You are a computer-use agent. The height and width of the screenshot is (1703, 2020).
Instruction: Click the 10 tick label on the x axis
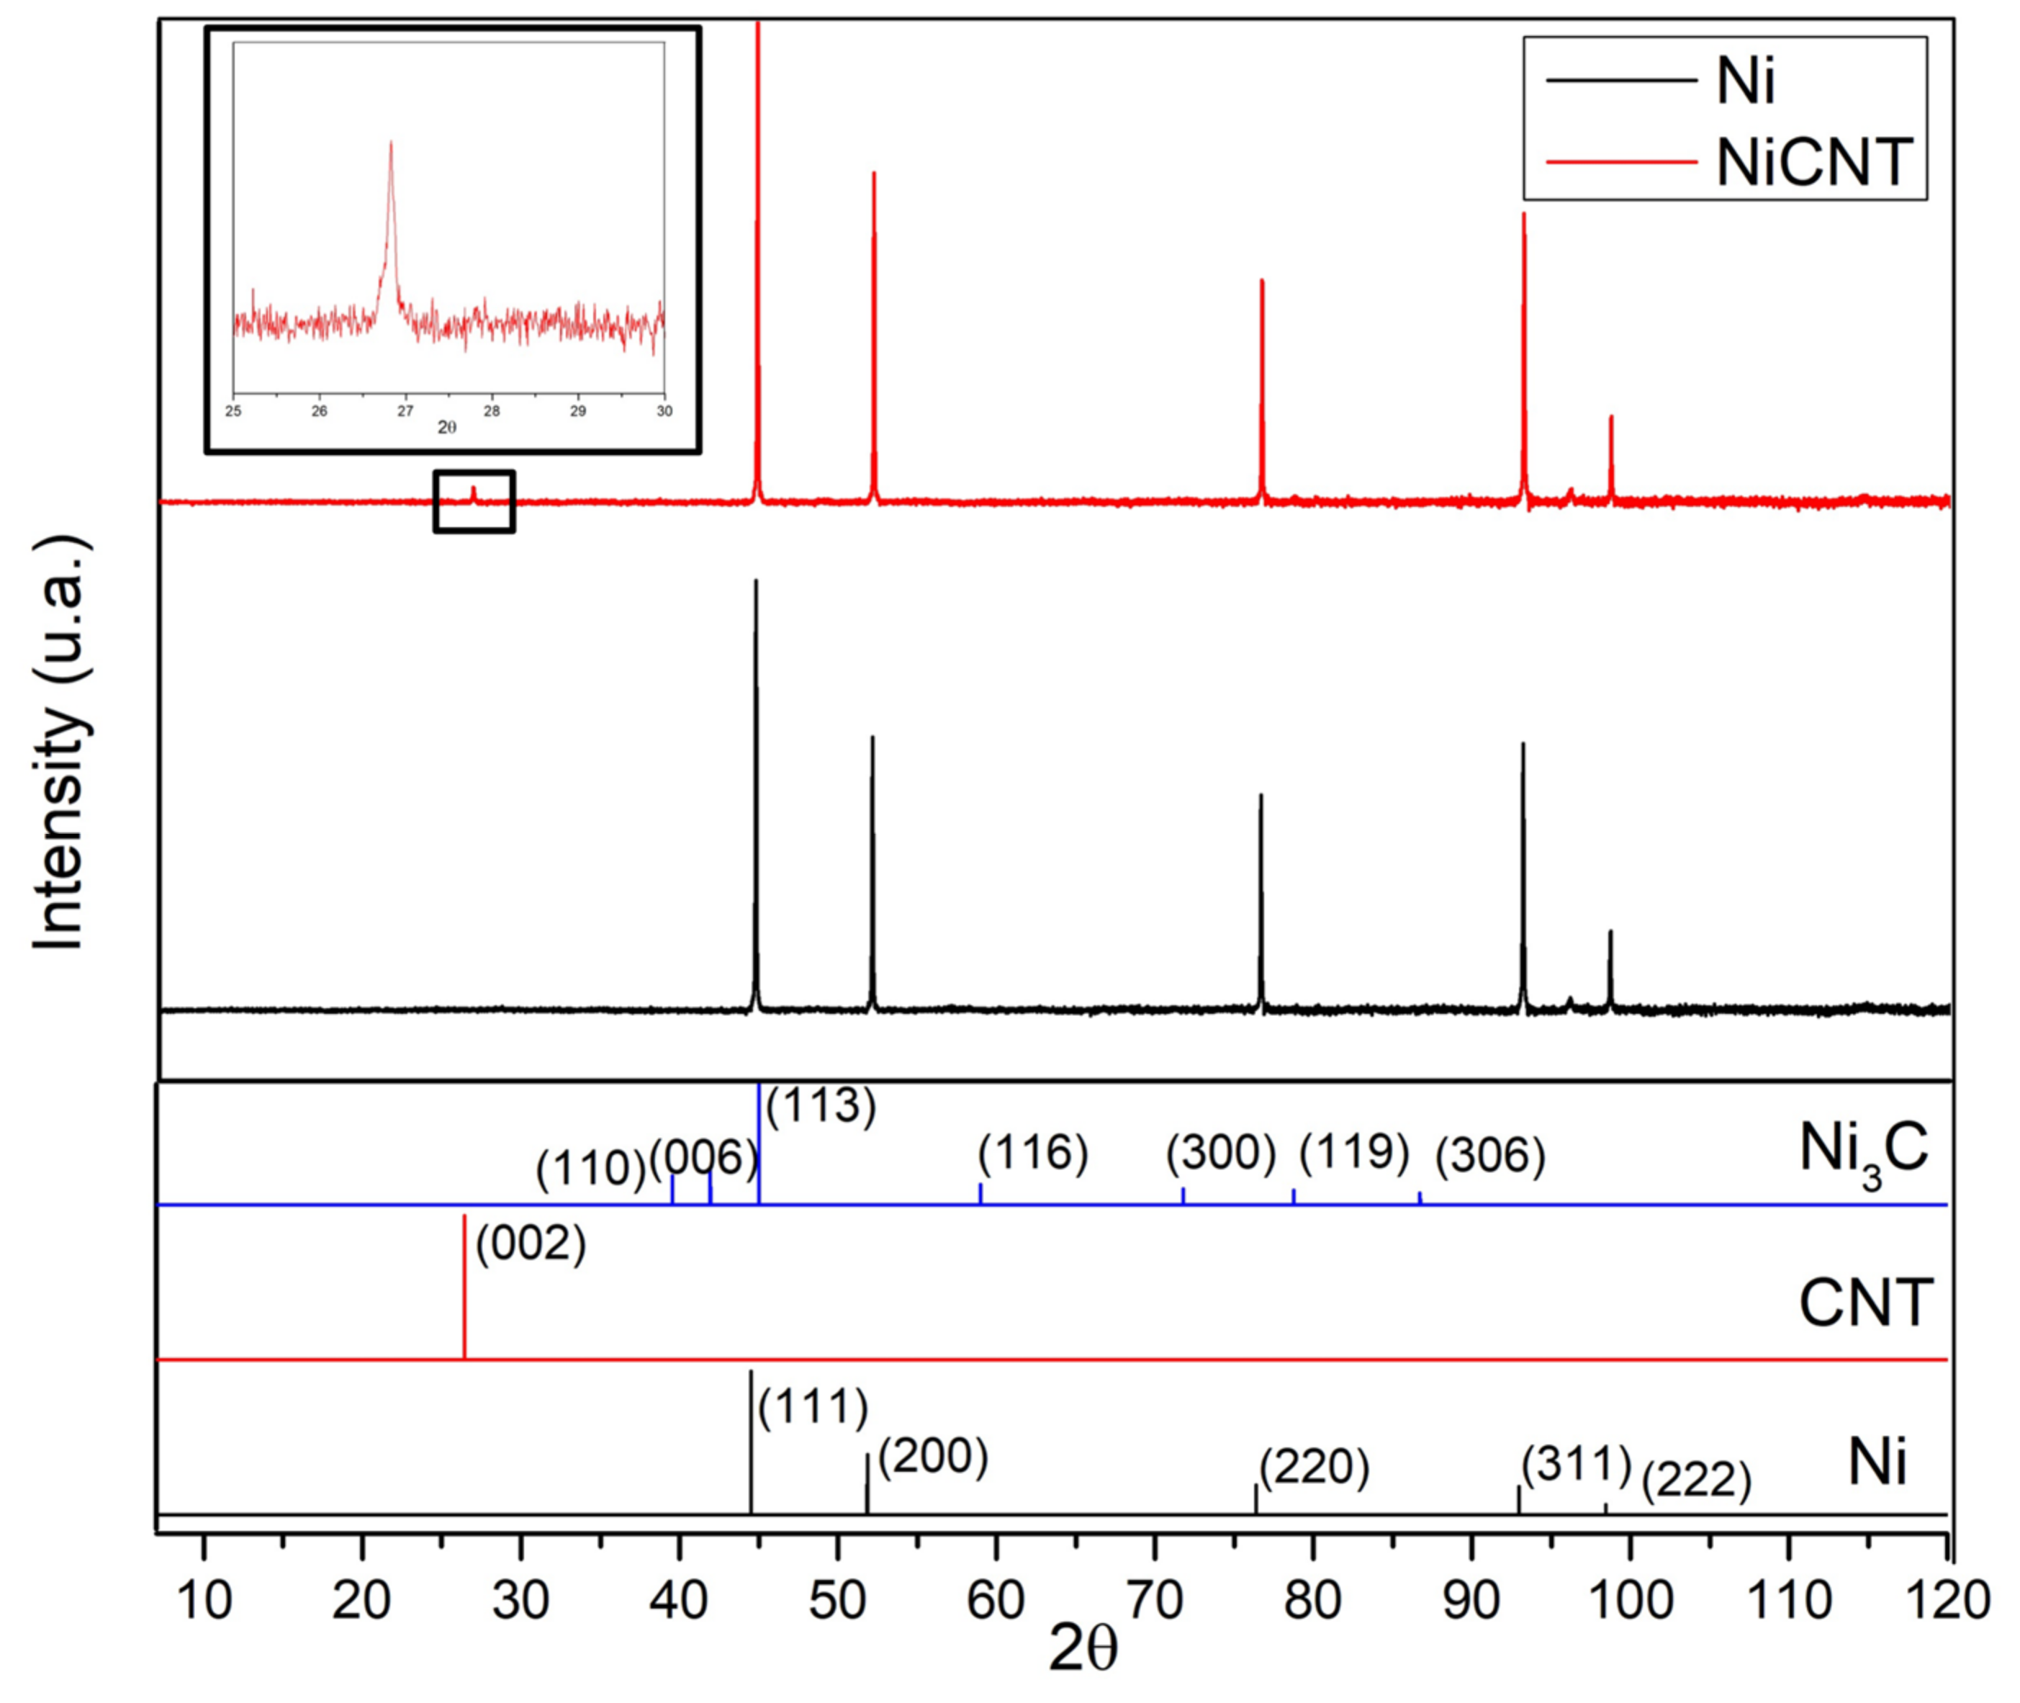(x=204, y=1601)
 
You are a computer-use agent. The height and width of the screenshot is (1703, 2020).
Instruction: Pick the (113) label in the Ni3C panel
(x=821, y=1105)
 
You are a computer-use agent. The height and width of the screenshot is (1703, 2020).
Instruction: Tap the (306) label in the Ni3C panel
(x=1490, y=1156)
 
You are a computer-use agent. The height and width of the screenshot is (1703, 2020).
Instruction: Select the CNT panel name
(x=1865, y=1303)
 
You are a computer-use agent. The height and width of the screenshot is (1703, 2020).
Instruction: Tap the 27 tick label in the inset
(x=405, y=411)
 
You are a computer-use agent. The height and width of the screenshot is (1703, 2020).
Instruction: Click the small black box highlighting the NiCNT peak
(x=474, y=501)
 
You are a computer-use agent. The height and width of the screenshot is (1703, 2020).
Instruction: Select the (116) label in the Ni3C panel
(x=1033, y=1153)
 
